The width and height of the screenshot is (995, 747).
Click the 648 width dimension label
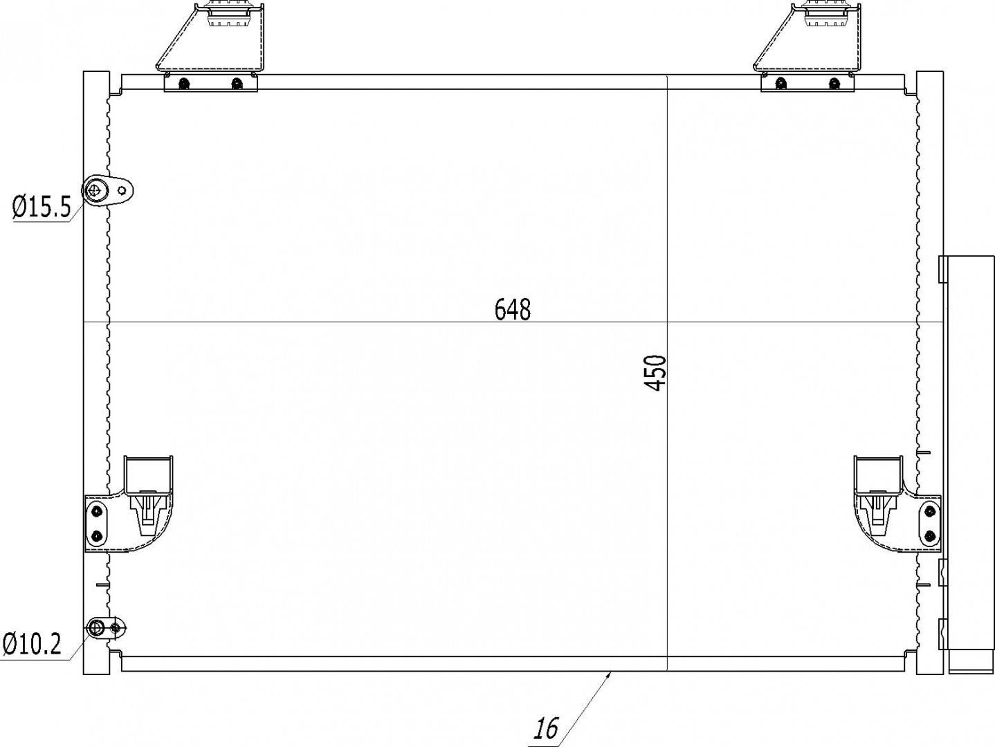tap(513, 309)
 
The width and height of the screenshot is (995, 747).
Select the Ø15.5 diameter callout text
tap(42, 207)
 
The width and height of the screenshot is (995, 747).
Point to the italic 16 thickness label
tap(546, 728)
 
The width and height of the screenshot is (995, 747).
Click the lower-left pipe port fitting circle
tap(95, 627)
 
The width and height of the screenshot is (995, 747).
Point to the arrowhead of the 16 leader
tap(610, 673)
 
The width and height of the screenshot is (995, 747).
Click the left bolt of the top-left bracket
tap(183, 84)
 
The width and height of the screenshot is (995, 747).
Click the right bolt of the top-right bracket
tap(834, 84)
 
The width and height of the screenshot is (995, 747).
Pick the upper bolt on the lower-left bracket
tap(96, 511)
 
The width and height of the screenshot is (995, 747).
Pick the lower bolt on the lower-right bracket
tap(929, 535)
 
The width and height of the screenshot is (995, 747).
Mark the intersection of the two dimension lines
tap(667, 322)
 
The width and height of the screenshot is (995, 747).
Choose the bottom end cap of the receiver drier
tap(967, 661)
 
